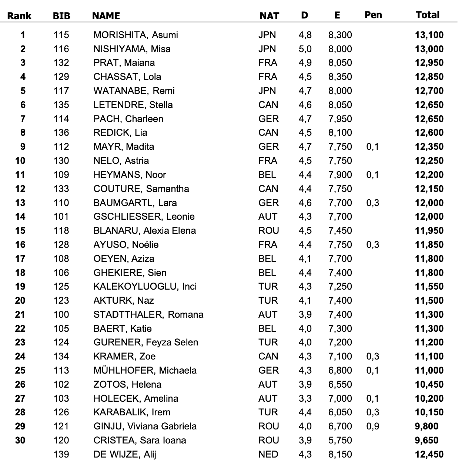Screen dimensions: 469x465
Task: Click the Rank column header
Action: pos(19,16)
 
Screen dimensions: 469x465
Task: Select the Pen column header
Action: pos(373,15)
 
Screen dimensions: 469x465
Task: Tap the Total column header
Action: pos(427,15)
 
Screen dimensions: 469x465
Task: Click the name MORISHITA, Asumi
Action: pos(136,35)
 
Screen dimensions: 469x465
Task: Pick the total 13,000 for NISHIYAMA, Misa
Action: pos(429,49)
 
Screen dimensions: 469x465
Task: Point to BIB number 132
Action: pos(61,63)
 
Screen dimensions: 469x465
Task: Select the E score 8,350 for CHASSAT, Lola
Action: pos(340,77)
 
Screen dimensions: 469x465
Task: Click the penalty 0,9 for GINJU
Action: pos(372,426)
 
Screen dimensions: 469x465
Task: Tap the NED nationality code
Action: pos(268,454)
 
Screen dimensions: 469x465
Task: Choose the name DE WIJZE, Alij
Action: pos(125,454)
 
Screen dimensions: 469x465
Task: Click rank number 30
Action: pos(20,441)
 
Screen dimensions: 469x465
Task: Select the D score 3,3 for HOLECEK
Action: pos(305,398)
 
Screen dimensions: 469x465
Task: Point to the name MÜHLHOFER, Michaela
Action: pos(145,371)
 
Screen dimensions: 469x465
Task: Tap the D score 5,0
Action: pos(305,49)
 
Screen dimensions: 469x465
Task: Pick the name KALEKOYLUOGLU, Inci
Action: pos(145,287)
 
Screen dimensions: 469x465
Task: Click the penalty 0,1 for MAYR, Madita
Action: pos(372,147)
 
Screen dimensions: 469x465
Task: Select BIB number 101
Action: pos(61,217)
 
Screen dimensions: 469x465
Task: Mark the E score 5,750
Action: pos(340,441)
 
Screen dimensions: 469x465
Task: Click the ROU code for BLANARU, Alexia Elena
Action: pos(268,231)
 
